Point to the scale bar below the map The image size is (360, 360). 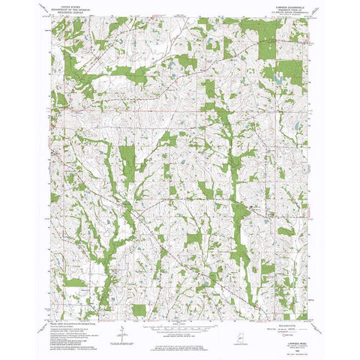pos(180,306)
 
